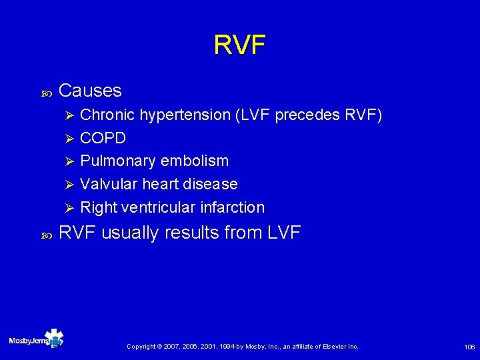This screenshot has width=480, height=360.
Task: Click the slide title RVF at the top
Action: pyautogui.click(x=239, y=45)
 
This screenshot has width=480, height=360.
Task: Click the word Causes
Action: pyautogui.click(x=90, y=91)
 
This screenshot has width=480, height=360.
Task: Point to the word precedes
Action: pyautogui.click(x=306, y=115)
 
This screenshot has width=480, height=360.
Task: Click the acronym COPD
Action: pyautogui.click(x=103, y=139)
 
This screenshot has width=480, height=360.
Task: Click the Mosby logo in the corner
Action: pyautogui.click(x=37, y=339)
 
